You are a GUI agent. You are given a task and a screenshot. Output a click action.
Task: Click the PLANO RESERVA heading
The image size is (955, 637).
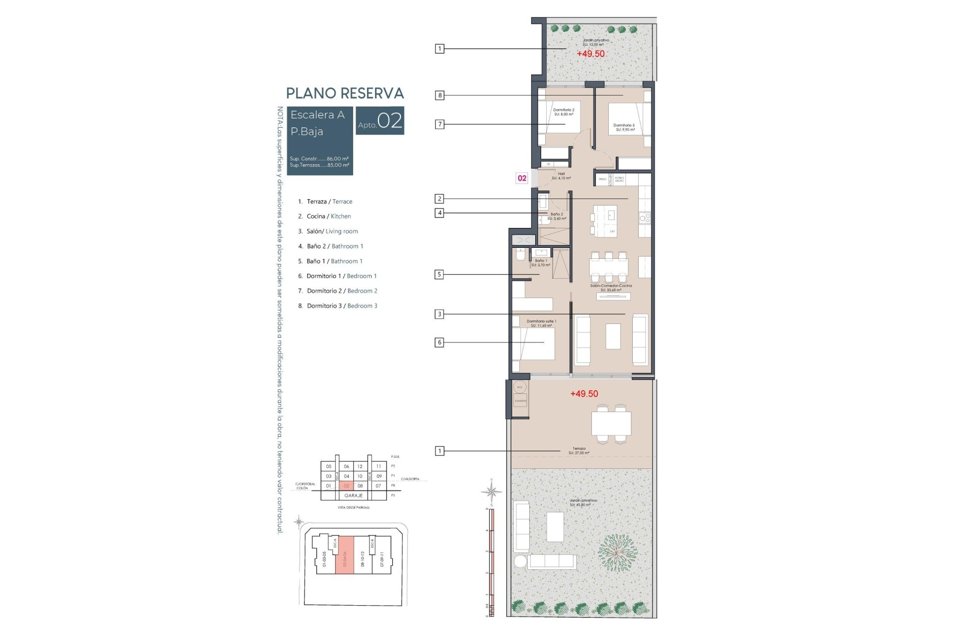345,94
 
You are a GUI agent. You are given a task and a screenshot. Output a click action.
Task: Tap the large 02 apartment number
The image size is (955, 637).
389,121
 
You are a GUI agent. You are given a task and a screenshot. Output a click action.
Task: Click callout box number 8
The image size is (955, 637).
439,95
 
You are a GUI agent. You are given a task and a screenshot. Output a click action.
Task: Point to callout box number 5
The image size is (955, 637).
439,274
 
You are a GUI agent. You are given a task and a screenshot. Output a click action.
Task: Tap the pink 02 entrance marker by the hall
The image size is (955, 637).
522,178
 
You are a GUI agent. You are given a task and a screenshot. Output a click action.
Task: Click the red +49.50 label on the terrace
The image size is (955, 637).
584,394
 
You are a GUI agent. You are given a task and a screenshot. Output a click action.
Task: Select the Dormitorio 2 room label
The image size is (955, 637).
564,112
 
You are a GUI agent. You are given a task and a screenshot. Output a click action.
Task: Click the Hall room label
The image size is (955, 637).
561,176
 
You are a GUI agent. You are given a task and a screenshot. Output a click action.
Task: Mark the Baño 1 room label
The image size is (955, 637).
541,263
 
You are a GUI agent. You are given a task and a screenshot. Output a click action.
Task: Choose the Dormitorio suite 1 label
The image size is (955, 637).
541,323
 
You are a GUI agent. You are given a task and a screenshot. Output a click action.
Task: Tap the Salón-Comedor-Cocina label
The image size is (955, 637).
611,288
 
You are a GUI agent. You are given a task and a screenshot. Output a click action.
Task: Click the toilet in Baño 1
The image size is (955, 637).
520,255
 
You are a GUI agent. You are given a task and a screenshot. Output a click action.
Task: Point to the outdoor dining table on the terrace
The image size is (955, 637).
611,424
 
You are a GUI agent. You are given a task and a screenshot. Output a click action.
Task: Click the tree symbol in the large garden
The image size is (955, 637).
617,553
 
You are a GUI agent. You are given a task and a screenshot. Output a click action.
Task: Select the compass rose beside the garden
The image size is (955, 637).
491,492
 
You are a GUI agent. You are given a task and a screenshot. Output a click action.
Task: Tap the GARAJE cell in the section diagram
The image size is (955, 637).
354,496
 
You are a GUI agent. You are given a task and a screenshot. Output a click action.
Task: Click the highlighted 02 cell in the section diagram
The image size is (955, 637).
346,486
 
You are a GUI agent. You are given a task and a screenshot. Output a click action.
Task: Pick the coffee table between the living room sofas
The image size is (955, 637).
613,336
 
